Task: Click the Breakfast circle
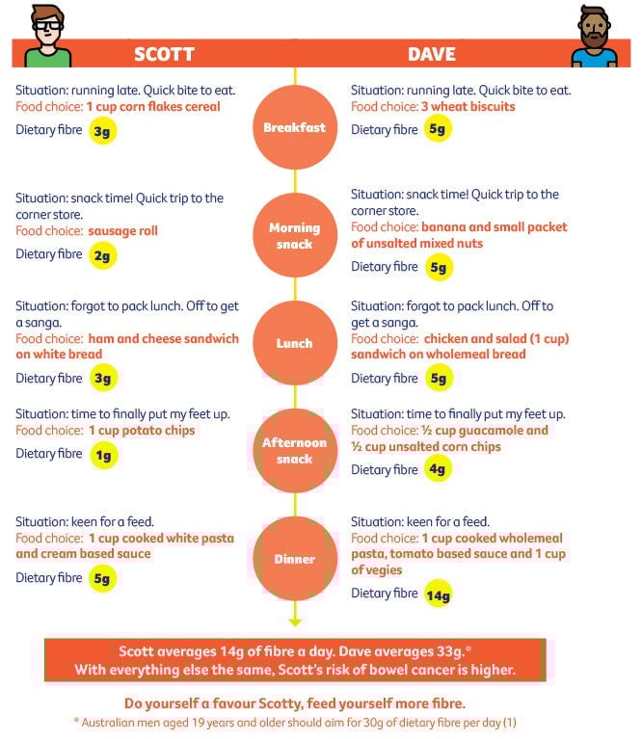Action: pos(295,127)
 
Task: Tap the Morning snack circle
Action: pos(295,235)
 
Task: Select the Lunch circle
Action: pos(295,343)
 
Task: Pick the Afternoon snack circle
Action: pos(295,451)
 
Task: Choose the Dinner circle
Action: pos(295,559)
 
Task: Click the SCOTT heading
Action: pos(164,54)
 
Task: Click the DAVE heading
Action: pos(432,54)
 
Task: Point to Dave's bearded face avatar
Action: pos(594,34)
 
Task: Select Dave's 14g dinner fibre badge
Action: pos(438,594)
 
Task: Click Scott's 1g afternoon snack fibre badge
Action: pos(103,455)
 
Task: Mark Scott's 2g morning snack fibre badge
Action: pos(103,255)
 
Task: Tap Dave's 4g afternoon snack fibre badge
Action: pos(438,471)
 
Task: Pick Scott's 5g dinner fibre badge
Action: pos(103,579)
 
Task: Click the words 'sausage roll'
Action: pos(122,231)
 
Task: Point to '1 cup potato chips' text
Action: pos(142,431)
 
